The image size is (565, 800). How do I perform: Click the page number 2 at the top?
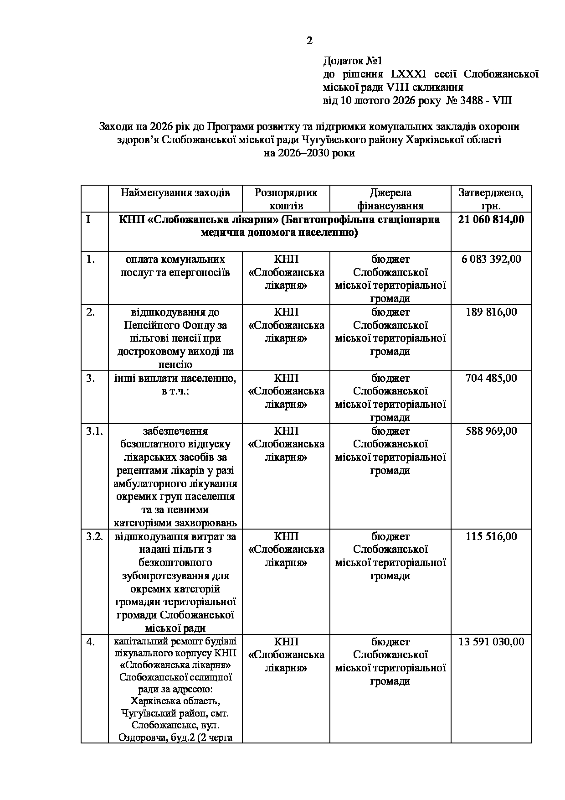point(309,41)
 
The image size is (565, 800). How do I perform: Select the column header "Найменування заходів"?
point(175,192)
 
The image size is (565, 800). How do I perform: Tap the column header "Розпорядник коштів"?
point(286,199)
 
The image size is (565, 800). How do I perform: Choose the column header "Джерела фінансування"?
point(390,199)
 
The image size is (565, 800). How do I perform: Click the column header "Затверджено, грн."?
point(491,199)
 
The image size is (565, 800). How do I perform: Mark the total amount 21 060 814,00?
point(491,219)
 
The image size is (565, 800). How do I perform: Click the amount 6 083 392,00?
point(491,259)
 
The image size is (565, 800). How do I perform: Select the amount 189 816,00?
point(491,312)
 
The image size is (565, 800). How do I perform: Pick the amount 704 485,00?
point(491,378)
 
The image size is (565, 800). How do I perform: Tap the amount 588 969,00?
point(491,431)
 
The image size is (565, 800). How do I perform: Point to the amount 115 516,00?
point(491,536)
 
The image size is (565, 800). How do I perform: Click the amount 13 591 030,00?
point(491,642)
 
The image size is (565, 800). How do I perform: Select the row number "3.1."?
point(94,431)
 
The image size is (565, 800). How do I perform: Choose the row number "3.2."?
point(94,536)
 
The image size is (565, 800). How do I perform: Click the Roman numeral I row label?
point(88,219)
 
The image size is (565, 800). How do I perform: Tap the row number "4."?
point(90,642)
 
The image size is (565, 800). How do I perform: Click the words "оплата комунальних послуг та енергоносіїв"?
point(175,266)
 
